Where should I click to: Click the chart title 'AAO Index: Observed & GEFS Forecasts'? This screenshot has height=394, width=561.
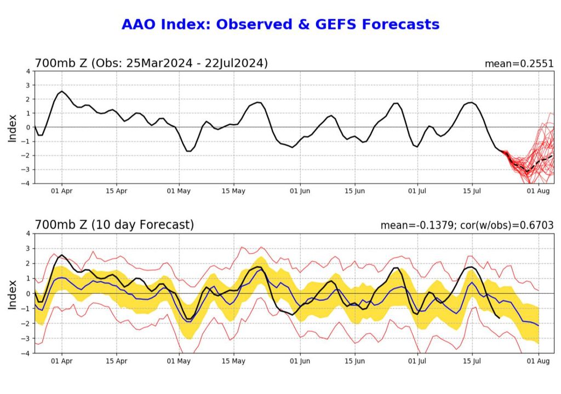(x=280, y=25)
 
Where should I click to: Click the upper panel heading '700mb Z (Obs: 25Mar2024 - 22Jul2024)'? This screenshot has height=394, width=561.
(x=151, y=63)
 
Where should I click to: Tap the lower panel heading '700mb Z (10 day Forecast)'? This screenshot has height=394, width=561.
(x=114, y=224)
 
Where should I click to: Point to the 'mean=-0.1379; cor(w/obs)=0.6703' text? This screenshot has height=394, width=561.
(x=467, y=225)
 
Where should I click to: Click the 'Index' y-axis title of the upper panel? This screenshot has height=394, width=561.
(x=13, y=128)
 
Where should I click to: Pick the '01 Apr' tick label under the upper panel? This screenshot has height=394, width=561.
(x=61, y=191)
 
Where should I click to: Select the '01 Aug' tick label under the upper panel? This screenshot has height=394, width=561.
(x=538, y=191)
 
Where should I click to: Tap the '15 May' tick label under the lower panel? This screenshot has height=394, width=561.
(x=234, y=361)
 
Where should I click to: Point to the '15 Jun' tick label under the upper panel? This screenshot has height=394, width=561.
(x=354, y=191)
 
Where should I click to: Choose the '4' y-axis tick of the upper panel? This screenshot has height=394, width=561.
(x=28, y=71)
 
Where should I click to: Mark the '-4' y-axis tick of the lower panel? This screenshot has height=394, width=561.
(x=26, y=353)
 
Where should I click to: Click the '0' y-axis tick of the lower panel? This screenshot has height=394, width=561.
(x=28, y=294)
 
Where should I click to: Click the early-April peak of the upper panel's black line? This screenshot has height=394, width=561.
(x=61, y=91)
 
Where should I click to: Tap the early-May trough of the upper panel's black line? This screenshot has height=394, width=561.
(x=188, y=151)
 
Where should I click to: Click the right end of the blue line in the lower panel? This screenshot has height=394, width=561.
(x=539, y=326)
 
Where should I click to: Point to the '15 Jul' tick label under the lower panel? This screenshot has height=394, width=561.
(x=472, y=361)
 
